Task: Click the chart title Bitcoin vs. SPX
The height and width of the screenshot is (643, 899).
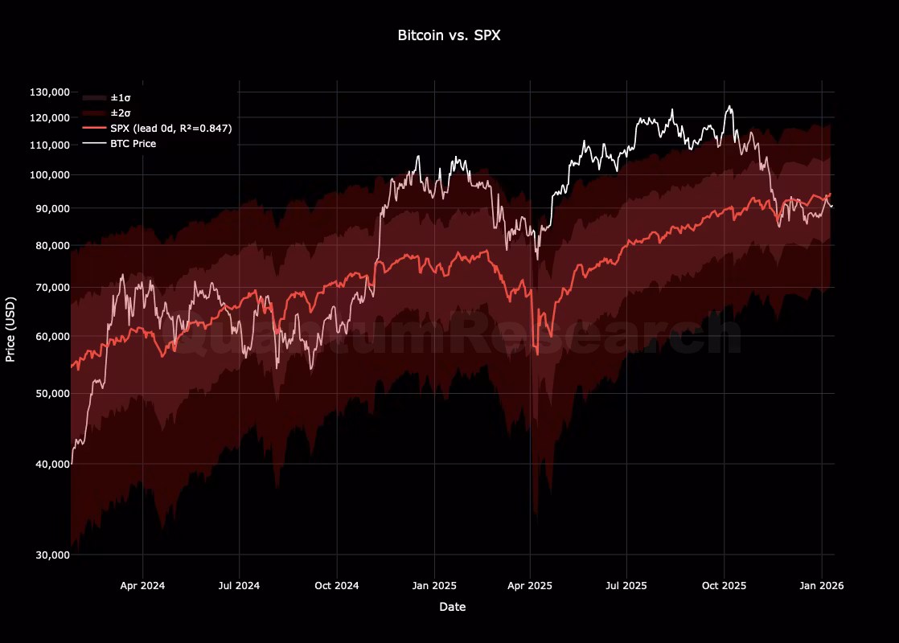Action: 449,35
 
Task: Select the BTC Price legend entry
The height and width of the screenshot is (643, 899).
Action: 133,144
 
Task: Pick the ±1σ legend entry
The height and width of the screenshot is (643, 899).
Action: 121,97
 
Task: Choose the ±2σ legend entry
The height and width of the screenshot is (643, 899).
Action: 121,113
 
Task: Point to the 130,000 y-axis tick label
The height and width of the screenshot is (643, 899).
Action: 50,92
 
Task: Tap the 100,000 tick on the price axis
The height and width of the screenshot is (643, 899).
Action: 50,175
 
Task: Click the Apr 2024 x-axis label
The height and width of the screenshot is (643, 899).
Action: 142,586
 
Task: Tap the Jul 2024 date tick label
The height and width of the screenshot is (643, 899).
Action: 239,586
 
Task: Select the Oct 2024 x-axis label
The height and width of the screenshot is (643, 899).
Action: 337,586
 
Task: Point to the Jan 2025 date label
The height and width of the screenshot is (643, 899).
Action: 434,586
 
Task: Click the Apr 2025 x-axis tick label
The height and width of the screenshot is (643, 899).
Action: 530,586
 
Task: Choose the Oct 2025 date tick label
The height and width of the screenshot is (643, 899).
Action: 724,586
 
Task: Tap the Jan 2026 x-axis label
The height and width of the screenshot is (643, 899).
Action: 821,586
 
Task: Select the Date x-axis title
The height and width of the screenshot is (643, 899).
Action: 452,608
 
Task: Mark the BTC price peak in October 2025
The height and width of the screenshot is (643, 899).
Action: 729,106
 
